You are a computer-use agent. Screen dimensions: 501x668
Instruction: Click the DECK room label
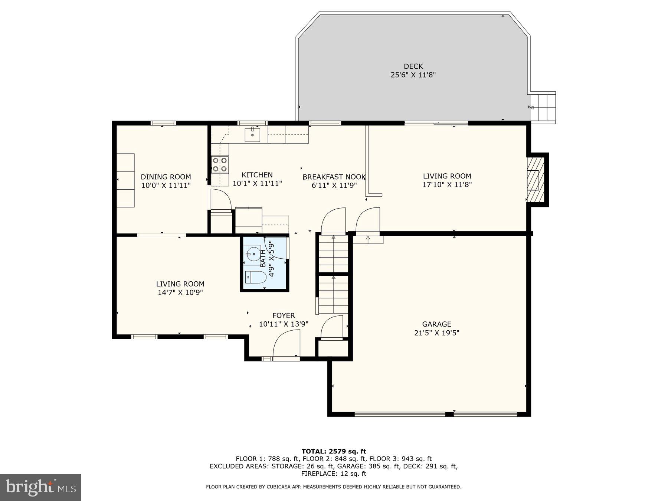coord(413,66)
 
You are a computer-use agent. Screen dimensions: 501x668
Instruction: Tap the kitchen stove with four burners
coord(220,165)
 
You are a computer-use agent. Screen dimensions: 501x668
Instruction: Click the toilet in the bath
coord(256,277)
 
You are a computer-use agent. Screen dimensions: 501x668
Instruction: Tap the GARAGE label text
coord(436,324)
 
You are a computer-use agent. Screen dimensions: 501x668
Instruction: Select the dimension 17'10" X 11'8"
coord(447,185)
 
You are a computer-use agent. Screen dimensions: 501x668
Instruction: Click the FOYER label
coord(284,316)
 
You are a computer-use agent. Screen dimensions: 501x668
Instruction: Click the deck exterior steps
coord(543,107)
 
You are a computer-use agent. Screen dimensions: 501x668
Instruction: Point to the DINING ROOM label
coord(166,177)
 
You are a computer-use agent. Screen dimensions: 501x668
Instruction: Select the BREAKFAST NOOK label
coord(334,177)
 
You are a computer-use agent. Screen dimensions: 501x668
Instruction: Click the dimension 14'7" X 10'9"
coord(180,293)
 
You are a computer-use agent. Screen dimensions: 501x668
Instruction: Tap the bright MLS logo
coord(40,487)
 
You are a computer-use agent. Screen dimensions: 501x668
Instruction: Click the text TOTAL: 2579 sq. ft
coord(334,451)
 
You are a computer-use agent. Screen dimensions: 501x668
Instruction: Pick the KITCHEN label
coord(257,175)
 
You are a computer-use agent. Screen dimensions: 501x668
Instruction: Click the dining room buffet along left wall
coord(125,180)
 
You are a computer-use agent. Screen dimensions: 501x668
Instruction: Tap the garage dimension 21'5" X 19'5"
coord(436,333)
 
